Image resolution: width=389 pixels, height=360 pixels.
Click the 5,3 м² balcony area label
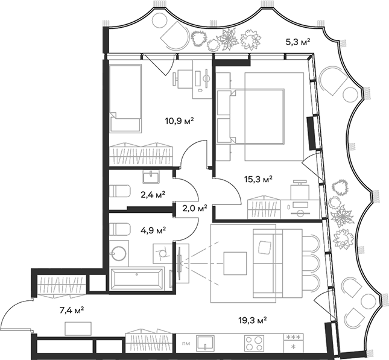[x=297, y=42]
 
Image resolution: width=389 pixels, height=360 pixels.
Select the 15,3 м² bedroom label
[x=258, y=179]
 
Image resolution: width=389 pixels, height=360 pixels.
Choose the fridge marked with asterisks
[x=293, y=343]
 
